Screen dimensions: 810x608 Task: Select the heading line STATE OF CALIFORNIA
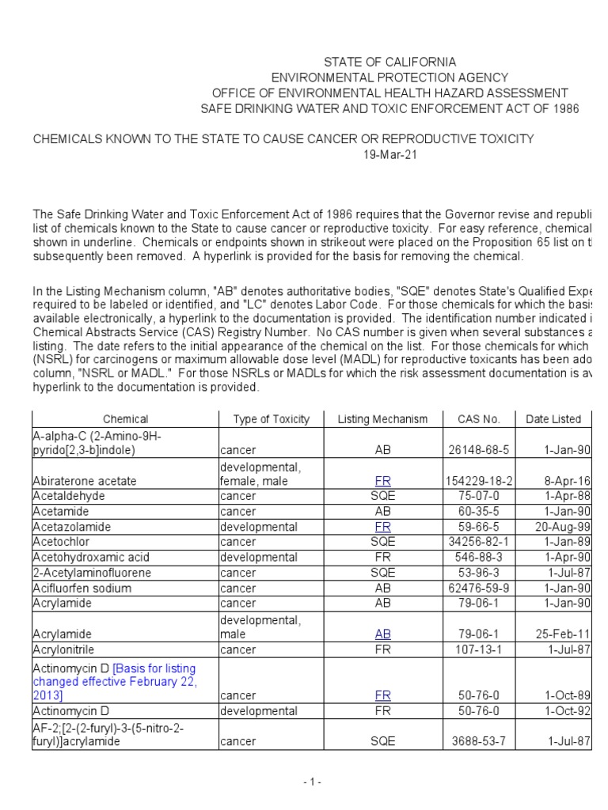(x=389, y=62)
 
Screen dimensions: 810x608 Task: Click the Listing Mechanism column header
(x=382, y=419)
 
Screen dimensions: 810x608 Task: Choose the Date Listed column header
(x=553, y=419)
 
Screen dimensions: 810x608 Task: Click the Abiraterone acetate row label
(x=84, y=481)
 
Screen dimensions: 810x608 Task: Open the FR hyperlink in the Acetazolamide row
(x=383, y=526)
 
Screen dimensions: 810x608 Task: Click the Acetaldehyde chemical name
(x=68, y=496)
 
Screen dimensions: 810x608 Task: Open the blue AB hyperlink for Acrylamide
(x=383, y=634)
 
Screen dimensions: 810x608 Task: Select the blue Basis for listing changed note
(x=115, y=682)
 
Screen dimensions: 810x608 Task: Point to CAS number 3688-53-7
(x=477, y=742)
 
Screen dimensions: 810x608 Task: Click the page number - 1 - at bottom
(x=311, y=782)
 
